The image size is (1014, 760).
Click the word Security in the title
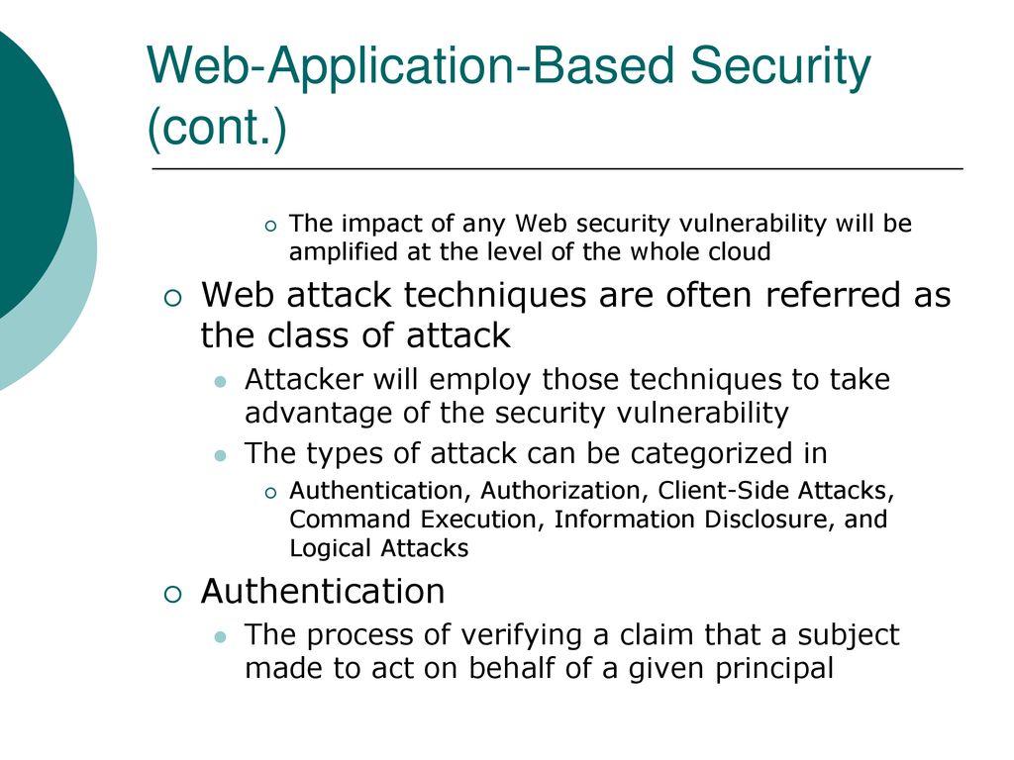[x=780, y=66]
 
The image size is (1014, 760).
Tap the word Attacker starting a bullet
[x=304, y=379]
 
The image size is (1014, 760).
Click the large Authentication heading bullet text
[x=323, y=592]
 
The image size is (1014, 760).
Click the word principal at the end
[x=774, y=669]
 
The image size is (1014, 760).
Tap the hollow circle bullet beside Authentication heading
[x=173, y=595]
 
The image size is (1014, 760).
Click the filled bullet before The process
[x=221, y=638]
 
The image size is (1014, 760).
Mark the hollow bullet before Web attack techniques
[x=173, y=298]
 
